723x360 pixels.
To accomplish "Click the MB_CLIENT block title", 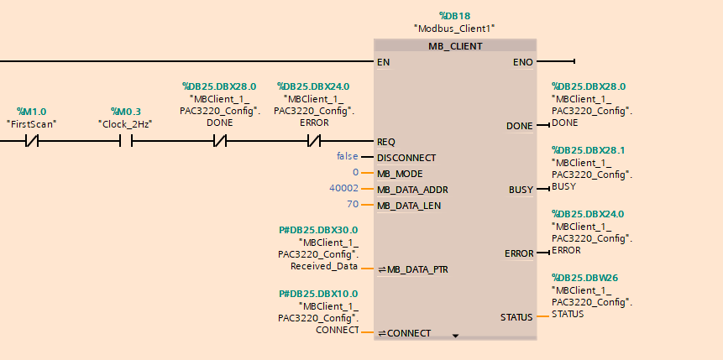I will [x=455, y=46].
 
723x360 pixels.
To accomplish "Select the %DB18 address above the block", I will [x=455, y=15].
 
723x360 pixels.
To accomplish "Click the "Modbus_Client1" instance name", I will [x=455, y=29].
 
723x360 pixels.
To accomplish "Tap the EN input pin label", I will [x=383, y=61].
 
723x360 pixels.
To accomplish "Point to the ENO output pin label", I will [x=521, y=61].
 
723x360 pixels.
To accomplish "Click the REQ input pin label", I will [x=385, y=142].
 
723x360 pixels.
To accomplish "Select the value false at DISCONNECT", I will [x=347, y=156].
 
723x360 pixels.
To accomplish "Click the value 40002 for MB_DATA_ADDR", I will [x=343, y=189].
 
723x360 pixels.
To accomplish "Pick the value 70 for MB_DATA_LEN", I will [x=353, y=205].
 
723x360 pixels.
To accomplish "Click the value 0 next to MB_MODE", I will [x=355, y=173].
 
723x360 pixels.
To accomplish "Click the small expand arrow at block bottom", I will [x=456, y=335].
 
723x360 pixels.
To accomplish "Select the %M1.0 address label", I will [x=32, y=112].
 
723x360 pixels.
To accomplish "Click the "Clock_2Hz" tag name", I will [x=126, y=124].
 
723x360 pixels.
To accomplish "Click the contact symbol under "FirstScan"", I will [x=32, y=142].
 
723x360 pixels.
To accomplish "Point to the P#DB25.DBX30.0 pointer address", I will [x=318, y=229].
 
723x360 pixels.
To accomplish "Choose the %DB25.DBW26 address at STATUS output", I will [x=585, y=277].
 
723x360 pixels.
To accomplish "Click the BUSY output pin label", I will [x=521, y=190].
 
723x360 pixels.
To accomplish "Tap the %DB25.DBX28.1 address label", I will [x=589, y=150].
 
